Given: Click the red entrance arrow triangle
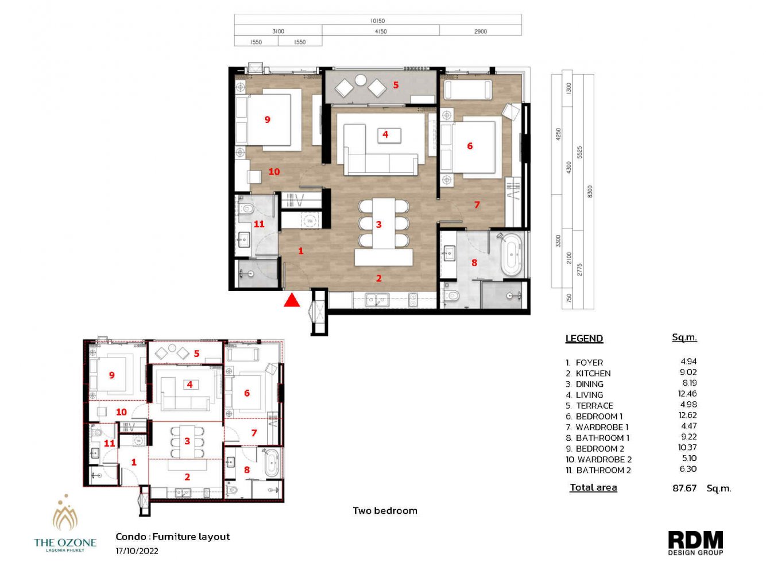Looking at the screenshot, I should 292,300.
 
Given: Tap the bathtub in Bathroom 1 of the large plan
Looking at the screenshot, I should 511,254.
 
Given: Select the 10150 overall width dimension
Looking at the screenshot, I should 377,21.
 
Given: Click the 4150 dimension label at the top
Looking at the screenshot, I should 380,32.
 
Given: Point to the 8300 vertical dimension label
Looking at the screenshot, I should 589,191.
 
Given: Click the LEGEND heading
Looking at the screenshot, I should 584,339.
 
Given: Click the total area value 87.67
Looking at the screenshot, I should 684,488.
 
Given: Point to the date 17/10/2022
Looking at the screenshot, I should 137,551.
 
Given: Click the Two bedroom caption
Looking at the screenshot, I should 385,511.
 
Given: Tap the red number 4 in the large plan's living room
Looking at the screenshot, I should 385,134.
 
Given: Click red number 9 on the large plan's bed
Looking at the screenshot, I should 268,119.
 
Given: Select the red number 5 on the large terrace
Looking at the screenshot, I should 396,85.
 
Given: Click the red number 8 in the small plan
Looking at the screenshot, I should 247,470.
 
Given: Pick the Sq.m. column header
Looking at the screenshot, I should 684,338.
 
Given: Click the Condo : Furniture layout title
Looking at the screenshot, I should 172,537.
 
